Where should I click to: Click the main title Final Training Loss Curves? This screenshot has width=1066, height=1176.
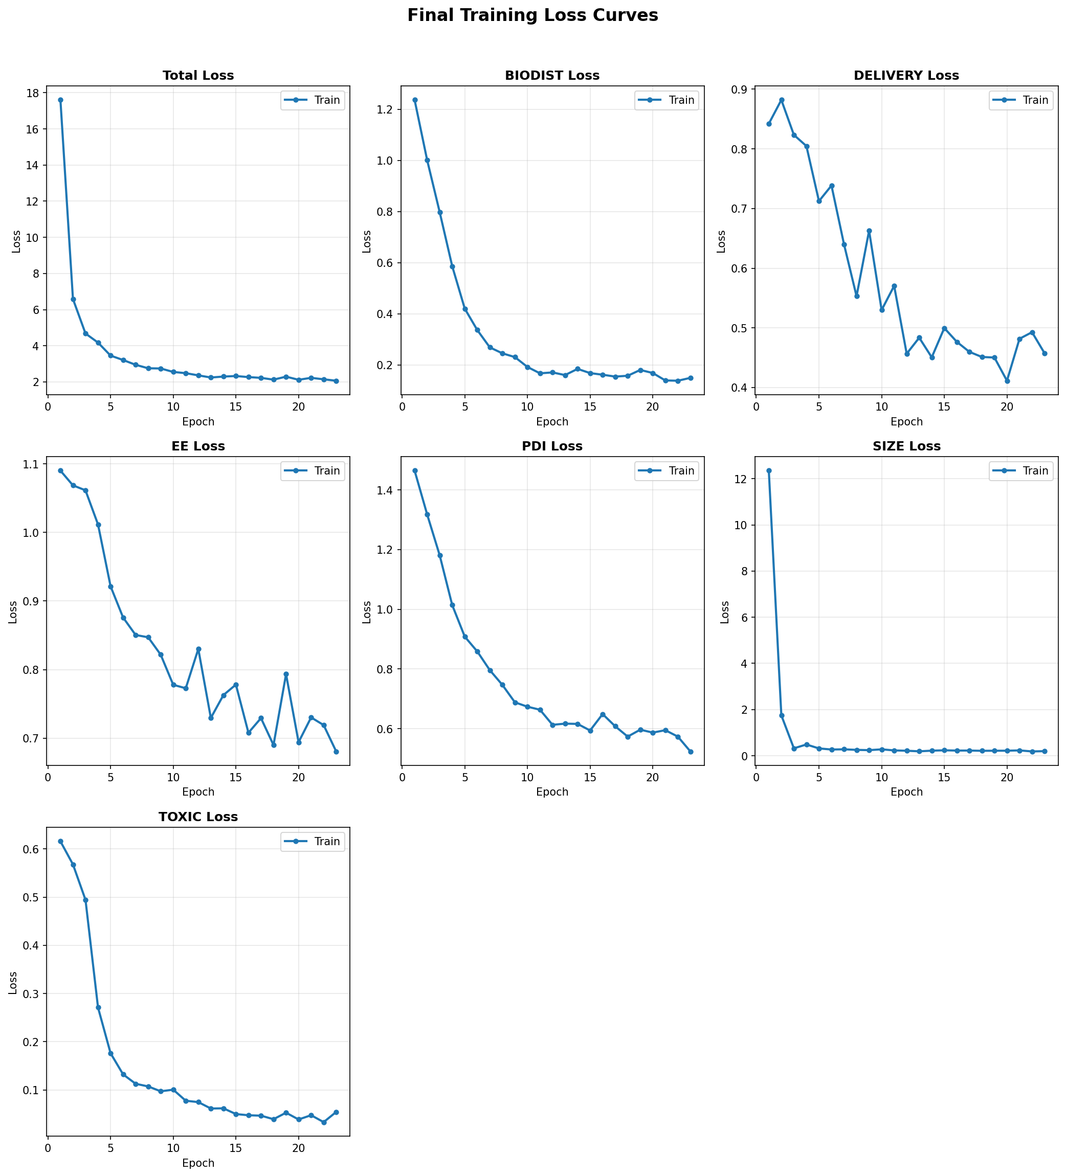click(532, 16)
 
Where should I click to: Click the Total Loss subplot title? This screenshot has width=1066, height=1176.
click(198, 76)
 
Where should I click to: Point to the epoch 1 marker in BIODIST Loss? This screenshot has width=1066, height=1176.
click(415, 100)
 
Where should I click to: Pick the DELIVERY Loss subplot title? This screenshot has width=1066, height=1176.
click(905, 76)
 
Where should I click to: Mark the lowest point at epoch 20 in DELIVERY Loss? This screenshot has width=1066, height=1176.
click(1007, 381)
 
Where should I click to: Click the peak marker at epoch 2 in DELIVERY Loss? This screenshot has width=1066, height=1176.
click(782, 100)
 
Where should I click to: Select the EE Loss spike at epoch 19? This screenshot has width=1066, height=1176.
click(286, 674)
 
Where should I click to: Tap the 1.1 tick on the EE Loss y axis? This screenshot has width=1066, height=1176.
click(31, 464)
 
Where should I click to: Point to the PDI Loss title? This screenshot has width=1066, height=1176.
click(552, 446)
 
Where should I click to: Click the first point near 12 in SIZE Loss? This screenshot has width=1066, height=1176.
click(769, 471)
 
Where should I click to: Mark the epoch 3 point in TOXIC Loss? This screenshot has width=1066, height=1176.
click(86, 900)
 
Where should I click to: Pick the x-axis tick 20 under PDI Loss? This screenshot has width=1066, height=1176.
click(652, 778)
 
